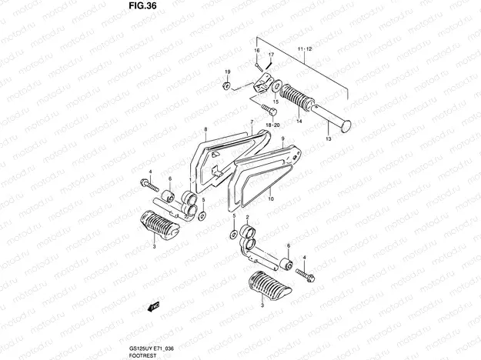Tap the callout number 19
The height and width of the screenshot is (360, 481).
(227, 72)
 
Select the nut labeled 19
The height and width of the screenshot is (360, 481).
(226, 85)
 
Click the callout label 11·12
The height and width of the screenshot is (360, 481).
(304, 49)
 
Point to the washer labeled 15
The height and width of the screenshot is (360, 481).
(277, 86)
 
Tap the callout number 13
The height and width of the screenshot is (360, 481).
(329, 139)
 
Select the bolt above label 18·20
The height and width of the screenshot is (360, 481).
(270, 110)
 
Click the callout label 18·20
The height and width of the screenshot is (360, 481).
(272, 125)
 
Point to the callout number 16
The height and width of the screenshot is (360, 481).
(257, 50)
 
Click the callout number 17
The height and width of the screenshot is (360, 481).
(271, 55)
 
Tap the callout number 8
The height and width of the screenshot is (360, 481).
(205, 129)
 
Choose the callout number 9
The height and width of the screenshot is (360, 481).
(282, 139)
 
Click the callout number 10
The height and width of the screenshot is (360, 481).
(271, 199)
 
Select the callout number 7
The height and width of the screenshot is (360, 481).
(252, 122)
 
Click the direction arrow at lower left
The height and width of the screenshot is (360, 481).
(154, 307)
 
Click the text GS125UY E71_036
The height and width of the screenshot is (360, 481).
(152, 349)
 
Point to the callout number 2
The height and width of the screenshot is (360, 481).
(248, 217)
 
